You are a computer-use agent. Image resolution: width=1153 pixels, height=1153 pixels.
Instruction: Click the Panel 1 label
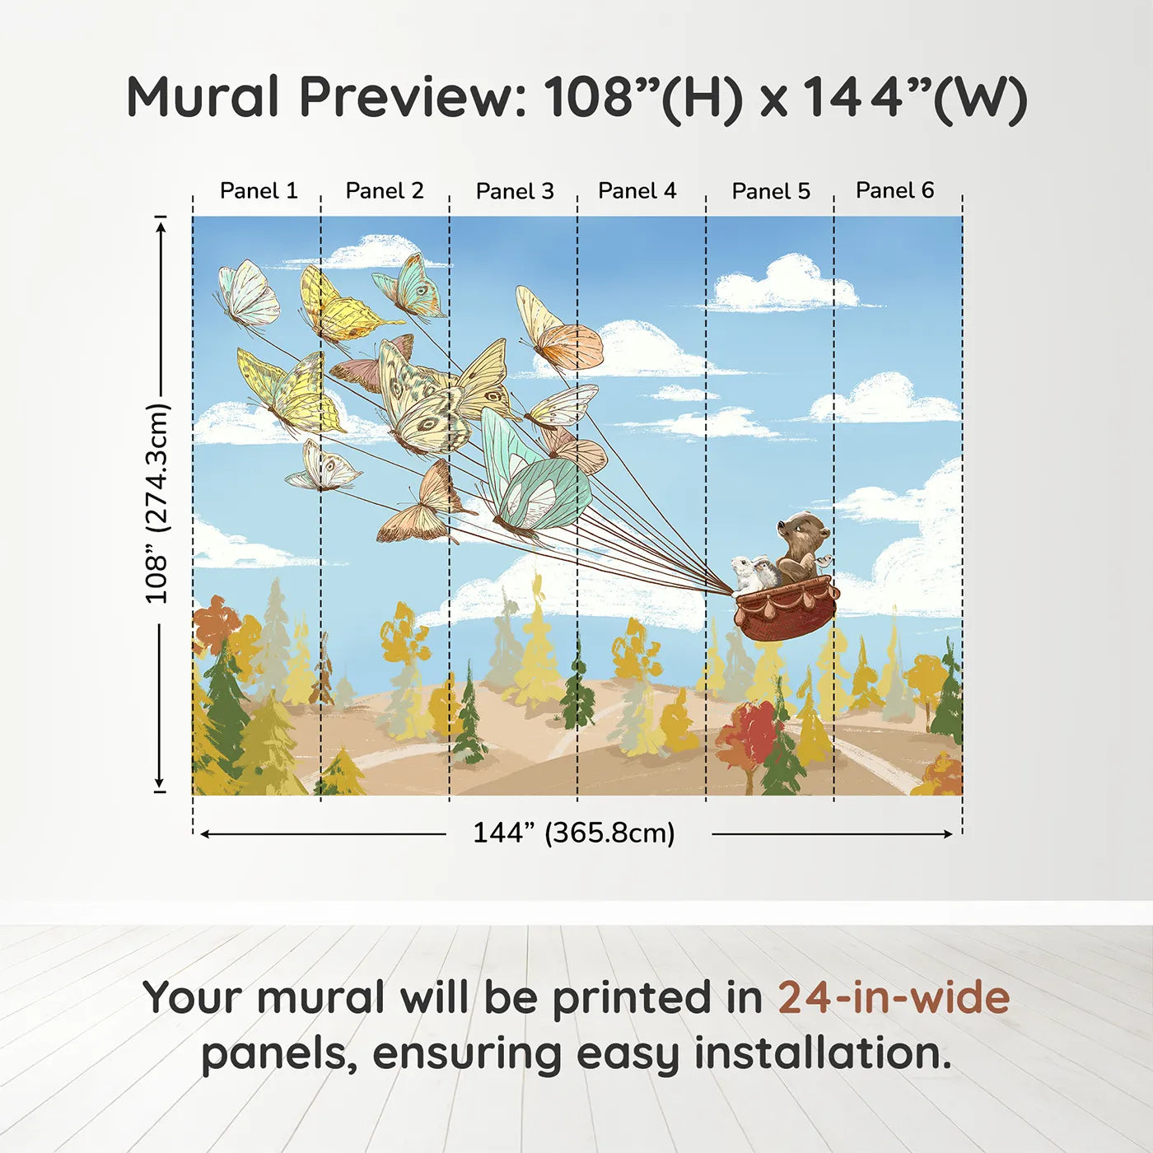click(x=259, y=191)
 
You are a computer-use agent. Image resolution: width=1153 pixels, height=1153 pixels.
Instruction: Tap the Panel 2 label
click(x=385, y=191)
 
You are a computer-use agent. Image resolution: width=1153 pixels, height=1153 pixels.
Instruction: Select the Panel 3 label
click(x=515, y=191)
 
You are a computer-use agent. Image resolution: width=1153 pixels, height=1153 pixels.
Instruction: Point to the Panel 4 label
click(x=637, y=191)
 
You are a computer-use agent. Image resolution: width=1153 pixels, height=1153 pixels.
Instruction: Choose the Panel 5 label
click(x=771, y=191)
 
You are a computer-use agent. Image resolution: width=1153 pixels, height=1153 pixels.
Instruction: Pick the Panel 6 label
click(x=894, y=191)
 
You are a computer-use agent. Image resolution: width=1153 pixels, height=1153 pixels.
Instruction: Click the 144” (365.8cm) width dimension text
click(x=573, y=833)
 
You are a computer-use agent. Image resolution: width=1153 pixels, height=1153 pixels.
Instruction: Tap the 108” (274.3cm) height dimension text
click(x=156, y=503)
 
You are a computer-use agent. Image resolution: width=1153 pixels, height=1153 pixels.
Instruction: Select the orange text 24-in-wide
click(x=894, y=998)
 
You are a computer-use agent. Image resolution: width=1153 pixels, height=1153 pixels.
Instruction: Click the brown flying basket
click(x=785, y=610)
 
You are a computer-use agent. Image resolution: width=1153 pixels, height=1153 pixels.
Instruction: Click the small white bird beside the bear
click(x=824, y=562)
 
